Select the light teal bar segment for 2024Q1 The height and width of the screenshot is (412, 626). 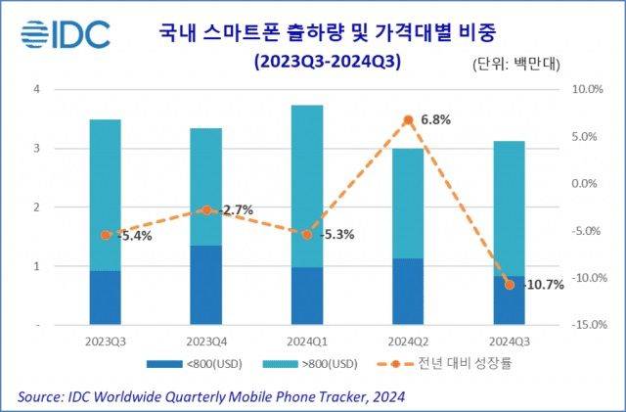(x=307, y=186)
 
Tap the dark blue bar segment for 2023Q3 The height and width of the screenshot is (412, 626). (x=105, y=298)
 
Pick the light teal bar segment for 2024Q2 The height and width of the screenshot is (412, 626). (x=408, y=204)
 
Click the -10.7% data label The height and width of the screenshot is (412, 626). (x=542, y=285)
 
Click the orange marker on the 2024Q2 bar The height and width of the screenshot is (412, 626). (x=408, y=120)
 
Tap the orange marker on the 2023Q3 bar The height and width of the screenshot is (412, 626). (x=105, y=235)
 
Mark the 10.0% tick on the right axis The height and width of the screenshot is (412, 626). (x=583, y=89)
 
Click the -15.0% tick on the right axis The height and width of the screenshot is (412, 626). (x=581, y=324)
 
